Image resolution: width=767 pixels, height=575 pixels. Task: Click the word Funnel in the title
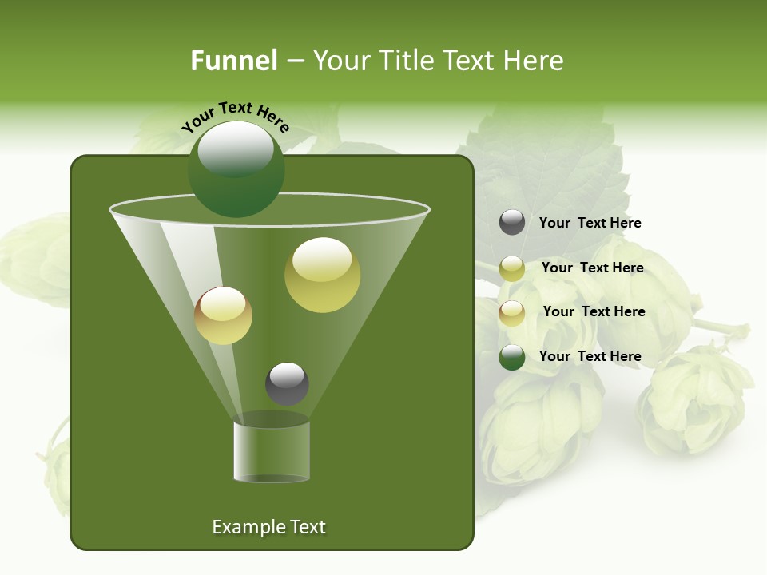click(233, 61)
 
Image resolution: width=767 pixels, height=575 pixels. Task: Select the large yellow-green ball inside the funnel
click(322, 275)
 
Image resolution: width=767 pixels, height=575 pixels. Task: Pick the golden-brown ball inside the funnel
click(223, 315)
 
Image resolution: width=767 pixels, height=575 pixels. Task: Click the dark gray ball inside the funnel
click(287, 383)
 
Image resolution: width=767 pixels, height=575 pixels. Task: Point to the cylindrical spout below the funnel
click(271, 451)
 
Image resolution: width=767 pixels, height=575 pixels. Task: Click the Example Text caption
click(268, 527)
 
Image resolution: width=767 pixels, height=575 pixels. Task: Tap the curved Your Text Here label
click(235, 115)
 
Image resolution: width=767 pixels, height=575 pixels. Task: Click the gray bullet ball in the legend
click(512, 222)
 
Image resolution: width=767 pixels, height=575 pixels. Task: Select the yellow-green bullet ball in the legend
click(512, 268)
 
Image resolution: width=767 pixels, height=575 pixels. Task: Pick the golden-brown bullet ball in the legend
click(512, 313)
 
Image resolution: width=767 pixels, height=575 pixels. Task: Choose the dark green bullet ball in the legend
click(512, 357)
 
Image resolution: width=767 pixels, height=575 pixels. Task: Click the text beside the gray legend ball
click(590, 223)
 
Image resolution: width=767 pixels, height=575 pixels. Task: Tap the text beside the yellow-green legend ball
click(592, 268)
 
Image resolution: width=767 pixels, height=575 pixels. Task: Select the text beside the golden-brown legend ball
click(594, 311)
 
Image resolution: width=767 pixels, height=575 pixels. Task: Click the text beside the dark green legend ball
click(590, 356)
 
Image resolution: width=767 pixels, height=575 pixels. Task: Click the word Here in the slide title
click(535, 61)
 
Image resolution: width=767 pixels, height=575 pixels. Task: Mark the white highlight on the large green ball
click(236, 149)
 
